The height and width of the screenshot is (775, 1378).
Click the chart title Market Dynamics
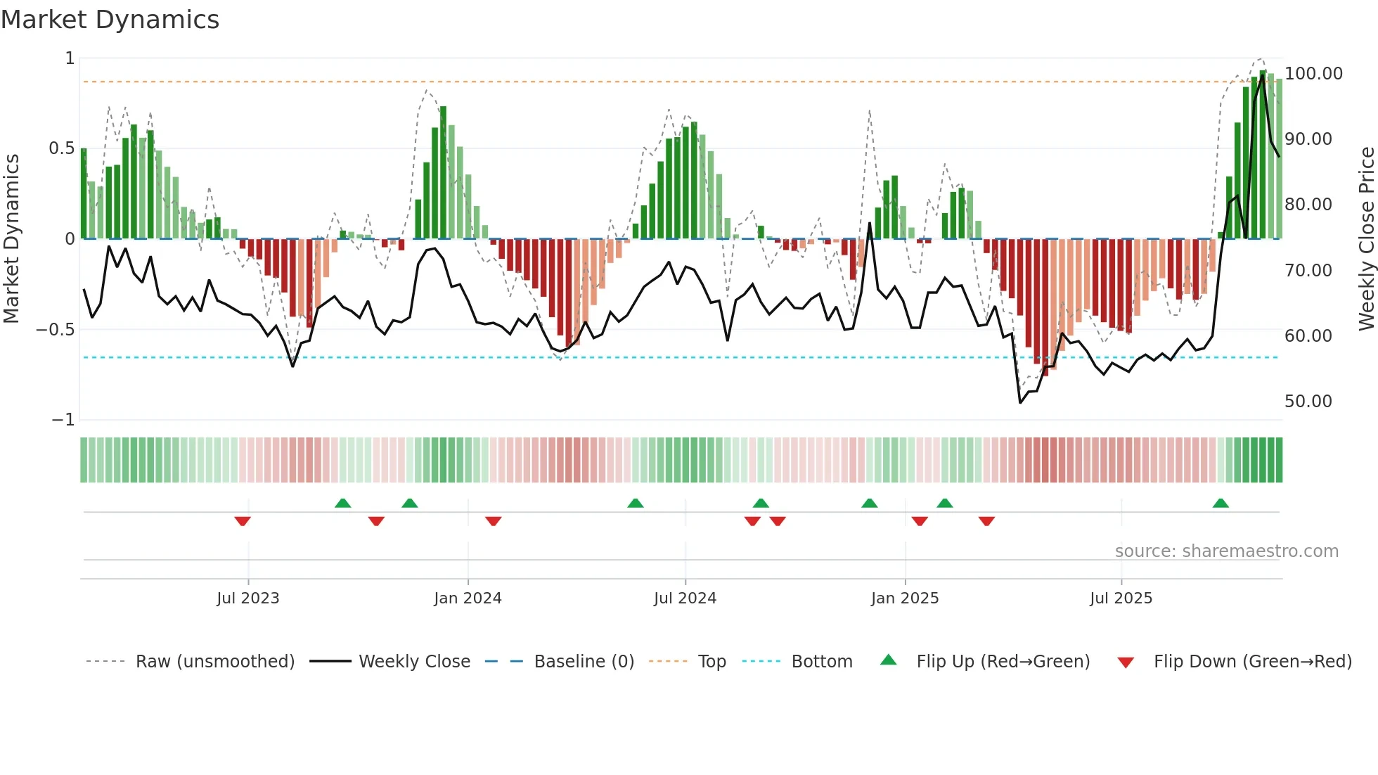coord(110,20)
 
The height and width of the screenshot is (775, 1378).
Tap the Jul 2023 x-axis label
coord(247,598)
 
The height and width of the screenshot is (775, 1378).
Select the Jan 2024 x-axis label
coord(468,598)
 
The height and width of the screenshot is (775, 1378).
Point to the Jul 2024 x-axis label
coord(685,598)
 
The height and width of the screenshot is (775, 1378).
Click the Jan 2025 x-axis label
coord(905,598)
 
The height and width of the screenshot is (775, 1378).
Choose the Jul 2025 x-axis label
coord(1121,598)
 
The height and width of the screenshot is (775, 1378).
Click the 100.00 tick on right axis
coord(1313,74)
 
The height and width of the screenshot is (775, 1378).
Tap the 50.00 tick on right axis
coord(1308,402)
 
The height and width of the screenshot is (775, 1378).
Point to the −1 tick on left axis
coord(63,420)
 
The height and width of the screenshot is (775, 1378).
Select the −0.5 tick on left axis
coord(56,330)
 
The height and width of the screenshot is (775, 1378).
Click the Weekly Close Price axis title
coord(1366,238)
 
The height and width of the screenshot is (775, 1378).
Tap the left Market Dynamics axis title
coord(11,238)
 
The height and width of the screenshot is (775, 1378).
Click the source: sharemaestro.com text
coord(1226,551)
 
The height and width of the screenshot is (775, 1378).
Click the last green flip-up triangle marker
coord(1221,504)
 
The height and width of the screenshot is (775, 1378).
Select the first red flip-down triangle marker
coord(243,521)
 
